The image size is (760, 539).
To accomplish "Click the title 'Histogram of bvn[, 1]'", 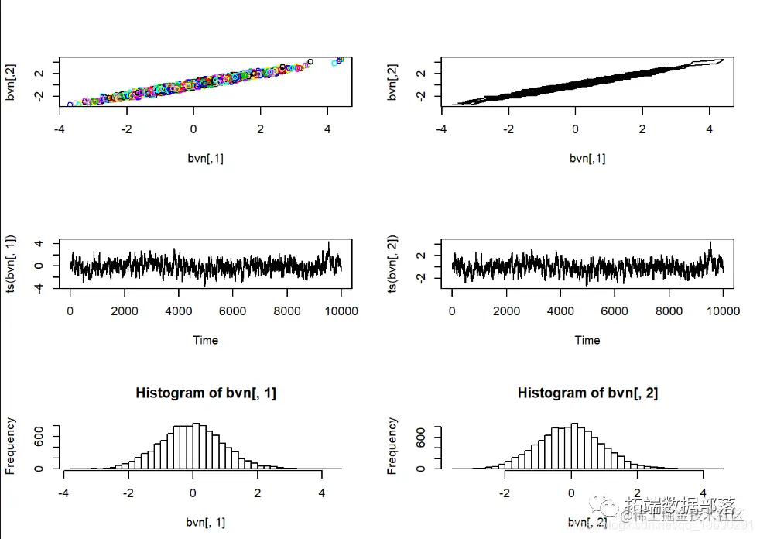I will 206,393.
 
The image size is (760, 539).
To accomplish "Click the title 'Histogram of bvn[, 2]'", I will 587,393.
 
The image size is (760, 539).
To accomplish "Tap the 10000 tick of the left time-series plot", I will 341,311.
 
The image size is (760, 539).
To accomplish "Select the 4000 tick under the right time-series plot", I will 560,311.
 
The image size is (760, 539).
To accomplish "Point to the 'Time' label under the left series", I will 205,340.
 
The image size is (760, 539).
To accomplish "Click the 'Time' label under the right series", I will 587,340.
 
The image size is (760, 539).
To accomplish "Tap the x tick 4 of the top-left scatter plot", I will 327,129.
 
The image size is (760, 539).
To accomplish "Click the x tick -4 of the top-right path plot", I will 441,129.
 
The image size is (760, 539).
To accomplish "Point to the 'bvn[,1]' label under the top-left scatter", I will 205,158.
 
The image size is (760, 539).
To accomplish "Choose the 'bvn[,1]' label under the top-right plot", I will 587,158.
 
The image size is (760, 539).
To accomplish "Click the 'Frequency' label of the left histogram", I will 11,445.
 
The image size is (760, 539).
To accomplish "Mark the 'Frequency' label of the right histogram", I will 392,445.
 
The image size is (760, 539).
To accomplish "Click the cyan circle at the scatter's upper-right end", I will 335,63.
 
